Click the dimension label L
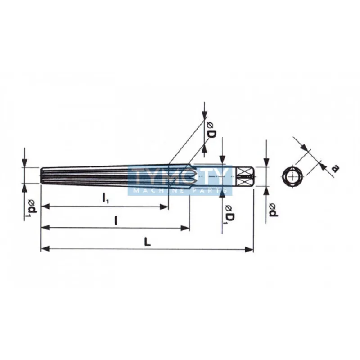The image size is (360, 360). [147, 242]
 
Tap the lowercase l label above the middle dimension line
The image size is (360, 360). [116, 220]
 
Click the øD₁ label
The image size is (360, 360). [229, 214]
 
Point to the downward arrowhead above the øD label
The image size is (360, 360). [205, 111]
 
